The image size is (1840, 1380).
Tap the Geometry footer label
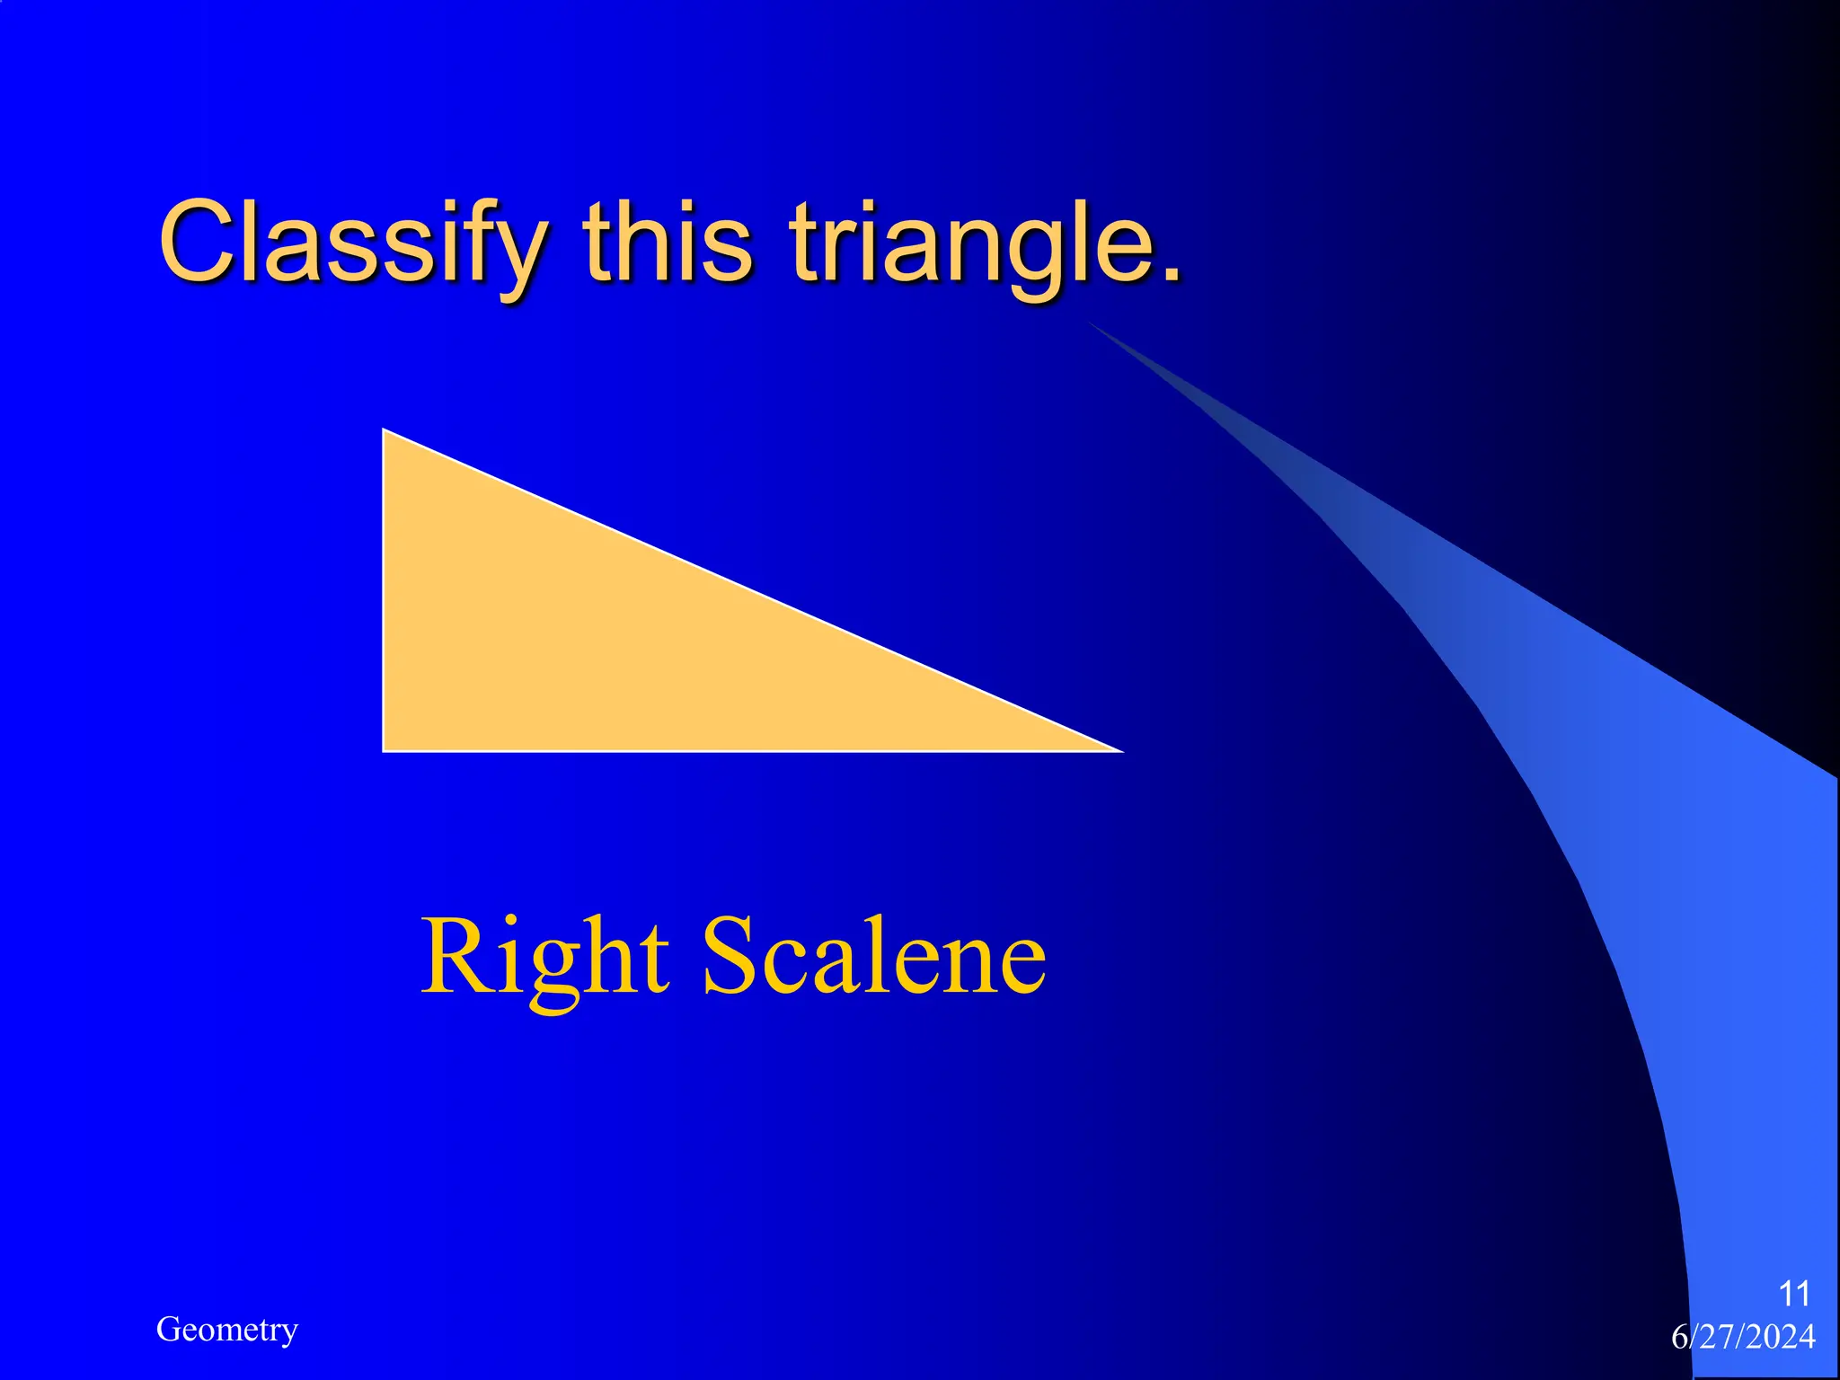click(x=226, y=1330)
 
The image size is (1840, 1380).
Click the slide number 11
click(x=1794, y=1294)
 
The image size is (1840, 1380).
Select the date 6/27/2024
click(x=1743, y=1337)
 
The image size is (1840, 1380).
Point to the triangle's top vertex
click(x=385, y=432)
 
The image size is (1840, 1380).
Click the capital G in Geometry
click(x=168, y=1330)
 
